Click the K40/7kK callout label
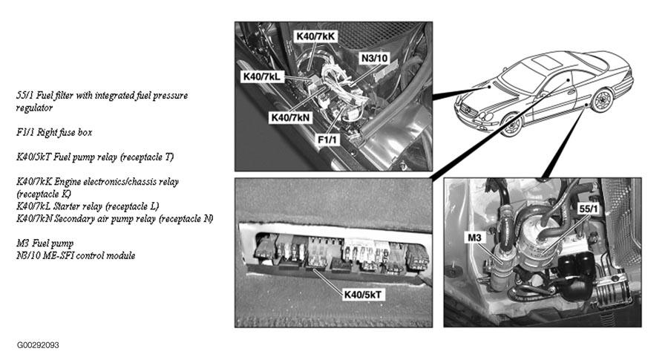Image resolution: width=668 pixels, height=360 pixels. coord(315,36)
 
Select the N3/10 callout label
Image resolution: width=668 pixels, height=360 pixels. coord(375,58)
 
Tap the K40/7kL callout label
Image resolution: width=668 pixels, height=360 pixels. coord(262,76)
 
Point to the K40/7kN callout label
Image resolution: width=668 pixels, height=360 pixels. coord(291,117)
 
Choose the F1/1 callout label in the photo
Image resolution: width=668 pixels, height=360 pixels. coord(327,140)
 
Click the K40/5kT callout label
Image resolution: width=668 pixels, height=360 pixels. coord(362,295)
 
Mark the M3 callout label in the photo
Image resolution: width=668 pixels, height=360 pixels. coord(474,238)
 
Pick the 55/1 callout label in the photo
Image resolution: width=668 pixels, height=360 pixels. coord(589,209)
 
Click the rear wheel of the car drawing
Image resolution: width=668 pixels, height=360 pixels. coord(601,100)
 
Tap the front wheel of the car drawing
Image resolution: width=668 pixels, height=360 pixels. coord(511,125)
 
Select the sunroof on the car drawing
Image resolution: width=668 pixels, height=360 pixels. coord(546,62)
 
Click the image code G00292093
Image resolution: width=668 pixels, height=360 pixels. coord(38,345)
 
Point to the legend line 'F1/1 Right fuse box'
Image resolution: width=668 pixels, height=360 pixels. coord(54,133)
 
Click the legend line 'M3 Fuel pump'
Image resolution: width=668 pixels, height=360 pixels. coord(45,243)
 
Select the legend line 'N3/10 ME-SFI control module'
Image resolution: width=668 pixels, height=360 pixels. coord(76,255)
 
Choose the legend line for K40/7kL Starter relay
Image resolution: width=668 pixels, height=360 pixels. coord(88,206)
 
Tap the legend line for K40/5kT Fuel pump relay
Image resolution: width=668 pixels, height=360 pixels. coord(95,157)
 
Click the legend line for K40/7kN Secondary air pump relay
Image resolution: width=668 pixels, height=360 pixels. coord(114,219)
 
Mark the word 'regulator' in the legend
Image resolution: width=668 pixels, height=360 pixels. coord(34,108)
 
